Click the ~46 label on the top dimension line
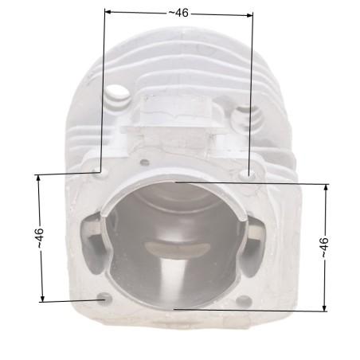[178, 13]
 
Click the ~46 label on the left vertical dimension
[39, 238]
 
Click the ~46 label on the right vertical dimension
[324, 248]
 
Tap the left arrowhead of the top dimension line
[108, 12]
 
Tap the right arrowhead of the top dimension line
[249, 15]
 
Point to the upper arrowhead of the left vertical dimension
[38, 178]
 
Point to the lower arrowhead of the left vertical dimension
[42, 299]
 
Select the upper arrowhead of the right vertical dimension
[326, 187]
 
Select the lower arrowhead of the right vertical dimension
[324, 307]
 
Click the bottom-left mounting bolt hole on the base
[104, 299]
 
